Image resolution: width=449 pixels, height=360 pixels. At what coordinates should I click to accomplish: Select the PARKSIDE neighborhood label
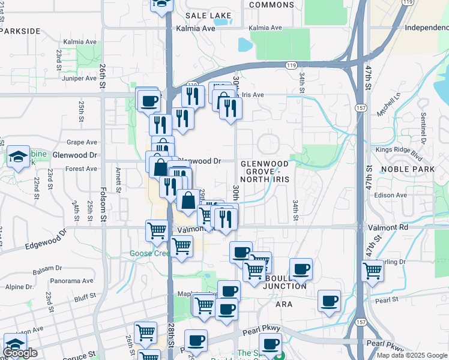point(21,31)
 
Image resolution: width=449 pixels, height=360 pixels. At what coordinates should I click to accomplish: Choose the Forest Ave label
point(82,169)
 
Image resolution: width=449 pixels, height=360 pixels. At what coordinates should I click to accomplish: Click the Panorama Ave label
point(71,280)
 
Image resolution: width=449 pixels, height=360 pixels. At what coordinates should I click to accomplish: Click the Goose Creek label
point(150,253)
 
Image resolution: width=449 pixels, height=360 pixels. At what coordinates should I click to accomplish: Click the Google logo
point(21,353)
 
